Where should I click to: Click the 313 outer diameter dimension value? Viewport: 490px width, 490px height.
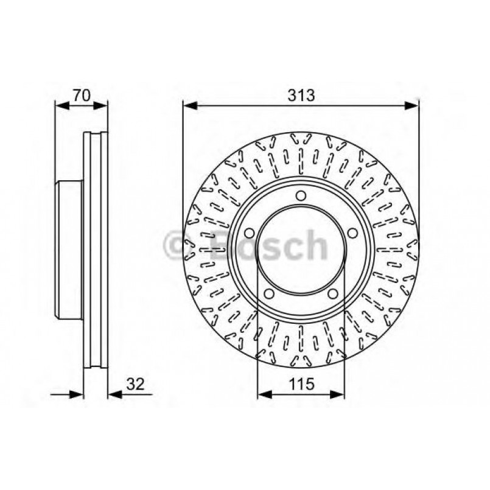tap(301, 95)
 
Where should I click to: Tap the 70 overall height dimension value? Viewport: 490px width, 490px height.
tap(82, 95)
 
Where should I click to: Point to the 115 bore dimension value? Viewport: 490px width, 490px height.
tap(301, 384)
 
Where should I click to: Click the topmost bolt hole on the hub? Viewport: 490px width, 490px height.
tap(301, 195)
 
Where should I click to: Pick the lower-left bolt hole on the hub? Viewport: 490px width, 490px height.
tap(268, 295)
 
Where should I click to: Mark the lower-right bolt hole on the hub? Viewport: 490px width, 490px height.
tap(333, 295)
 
